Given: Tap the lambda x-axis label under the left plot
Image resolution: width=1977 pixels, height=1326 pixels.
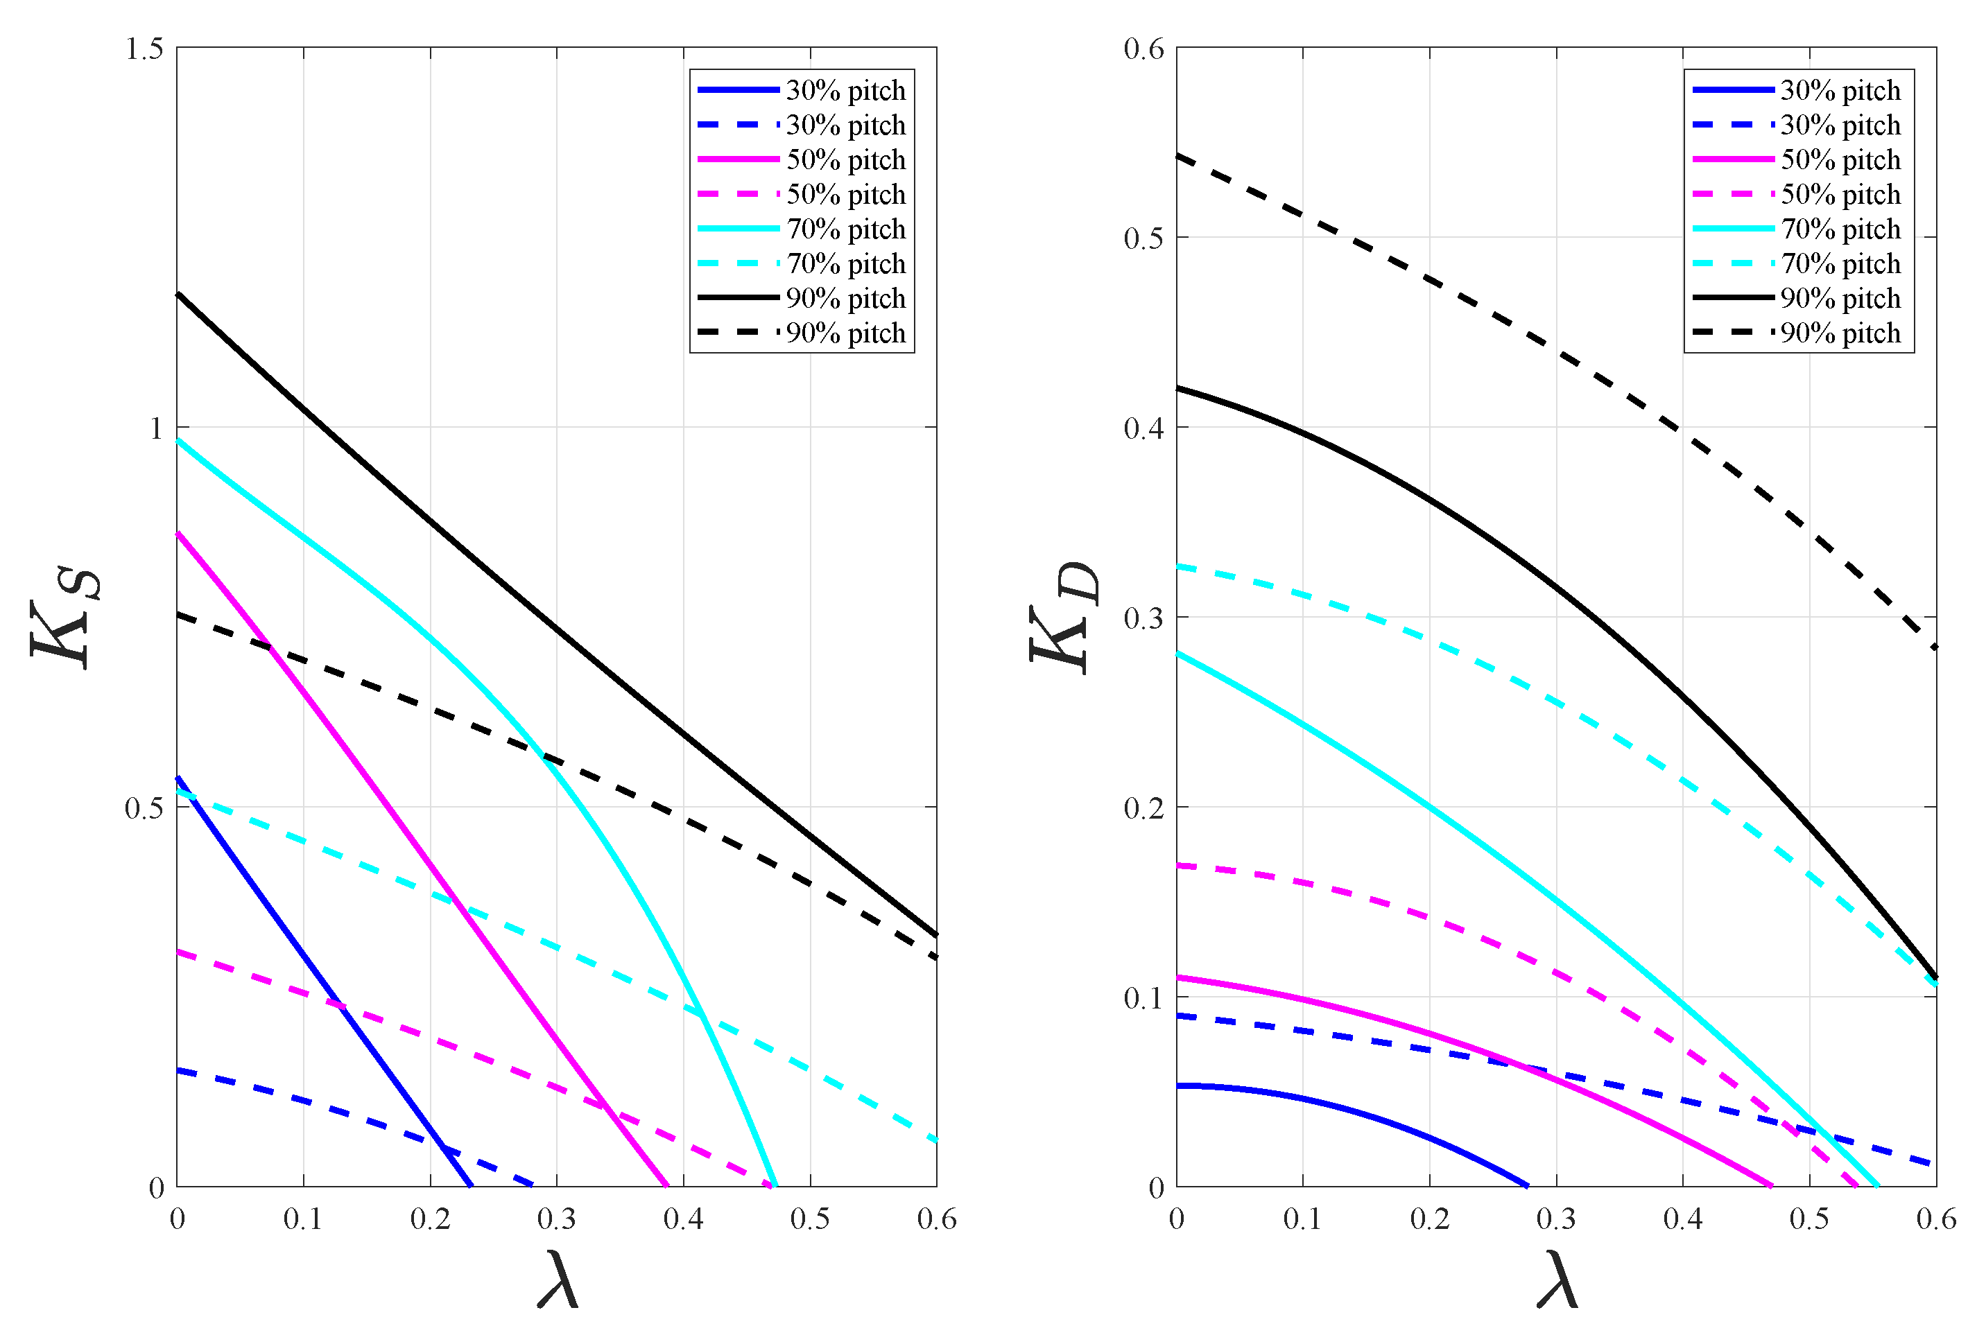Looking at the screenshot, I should [x=558, y=1280].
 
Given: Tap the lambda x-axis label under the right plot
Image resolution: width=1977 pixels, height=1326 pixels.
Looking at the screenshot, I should [x=1557, y=1280].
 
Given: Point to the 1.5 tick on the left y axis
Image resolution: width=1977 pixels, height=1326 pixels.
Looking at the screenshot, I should [x=144, y=49].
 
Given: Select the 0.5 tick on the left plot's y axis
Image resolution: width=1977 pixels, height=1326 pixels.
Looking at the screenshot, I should [x=144, y=808].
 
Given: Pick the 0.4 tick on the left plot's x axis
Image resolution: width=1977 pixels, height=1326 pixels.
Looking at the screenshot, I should [x=684, y=1219].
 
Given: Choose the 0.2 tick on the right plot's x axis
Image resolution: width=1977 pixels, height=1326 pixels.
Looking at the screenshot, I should [x=1430, y=1219].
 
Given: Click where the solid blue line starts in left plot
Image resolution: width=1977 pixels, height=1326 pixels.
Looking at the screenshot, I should [x=178, y=777].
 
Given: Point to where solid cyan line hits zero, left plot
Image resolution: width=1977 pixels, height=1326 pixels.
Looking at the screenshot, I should [x=775, y=1185].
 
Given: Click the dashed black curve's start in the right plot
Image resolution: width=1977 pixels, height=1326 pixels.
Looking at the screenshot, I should [x=1177, y=155].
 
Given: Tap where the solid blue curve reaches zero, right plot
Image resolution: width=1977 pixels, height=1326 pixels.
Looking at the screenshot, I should [x=1528, y=1185].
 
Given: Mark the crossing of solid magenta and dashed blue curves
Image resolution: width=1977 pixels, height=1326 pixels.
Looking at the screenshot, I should [x=1523, y=1067].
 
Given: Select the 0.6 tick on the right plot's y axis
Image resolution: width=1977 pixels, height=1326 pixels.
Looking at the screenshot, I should [x=1143, y=49].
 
